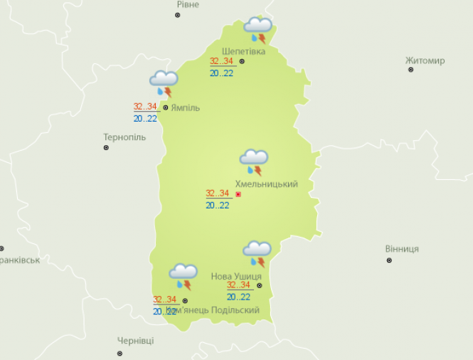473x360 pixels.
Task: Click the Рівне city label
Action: (x=188, y=4)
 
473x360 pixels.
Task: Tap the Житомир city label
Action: (x=425, y=60)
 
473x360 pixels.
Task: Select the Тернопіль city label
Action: (x=124, y=137)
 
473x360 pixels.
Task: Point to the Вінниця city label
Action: (x=402, y=249)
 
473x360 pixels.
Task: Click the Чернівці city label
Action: (x=135, y=342)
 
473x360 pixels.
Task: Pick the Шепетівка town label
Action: (x=243, y=51)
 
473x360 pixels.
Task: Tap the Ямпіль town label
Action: (x=185, y=108)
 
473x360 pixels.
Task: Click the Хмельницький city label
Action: (x=266, y=184)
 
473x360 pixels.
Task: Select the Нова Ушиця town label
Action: (x=236, y=276)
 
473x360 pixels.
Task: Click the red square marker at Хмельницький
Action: (x=238, y=194)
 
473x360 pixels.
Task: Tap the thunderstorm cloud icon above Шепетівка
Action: (x=257, y=30)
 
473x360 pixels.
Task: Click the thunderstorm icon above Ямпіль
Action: (x=164, y=83)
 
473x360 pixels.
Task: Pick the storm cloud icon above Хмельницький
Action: (x=254, y=162)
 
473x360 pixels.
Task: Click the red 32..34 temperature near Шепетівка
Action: (x=221, y=61)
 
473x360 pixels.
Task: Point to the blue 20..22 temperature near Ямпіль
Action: (x=144, y=119)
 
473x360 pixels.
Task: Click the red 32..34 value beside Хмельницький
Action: (x=217, y=194)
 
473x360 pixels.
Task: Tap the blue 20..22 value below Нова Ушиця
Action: (x=238, y=297)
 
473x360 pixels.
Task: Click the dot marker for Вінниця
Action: (x=389, y=260)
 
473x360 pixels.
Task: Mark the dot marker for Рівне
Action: (x=178, y=15)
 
